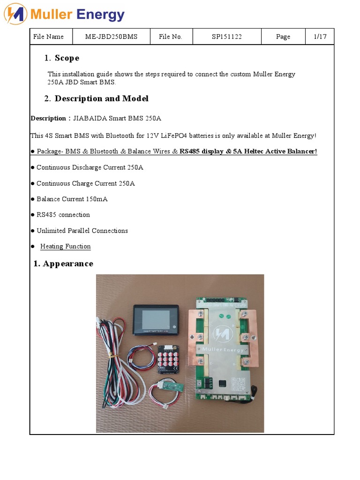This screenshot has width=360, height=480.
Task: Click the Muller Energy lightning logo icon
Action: coord(15,15)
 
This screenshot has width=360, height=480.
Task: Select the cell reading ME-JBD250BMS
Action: coord(111,37)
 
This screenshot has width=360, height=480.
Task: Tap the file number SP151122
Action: coord(226,37)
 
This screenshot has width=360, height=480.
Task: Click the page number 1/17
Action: coord(320,37)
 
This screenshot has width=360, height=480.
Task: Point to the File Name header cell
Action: coord(48,37)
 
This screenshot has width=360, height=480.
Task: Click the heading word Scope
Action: coord(67,58)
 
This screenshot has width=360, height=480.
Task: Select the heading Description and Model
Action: coord(101,98)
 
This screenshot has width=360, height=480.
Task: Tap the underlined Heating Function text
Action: coord(65,247)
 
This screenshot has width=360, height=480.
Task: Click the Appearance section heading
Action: coord(67,263)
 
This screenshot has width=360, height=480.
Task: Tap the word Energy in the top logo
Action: coord(100,15)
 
